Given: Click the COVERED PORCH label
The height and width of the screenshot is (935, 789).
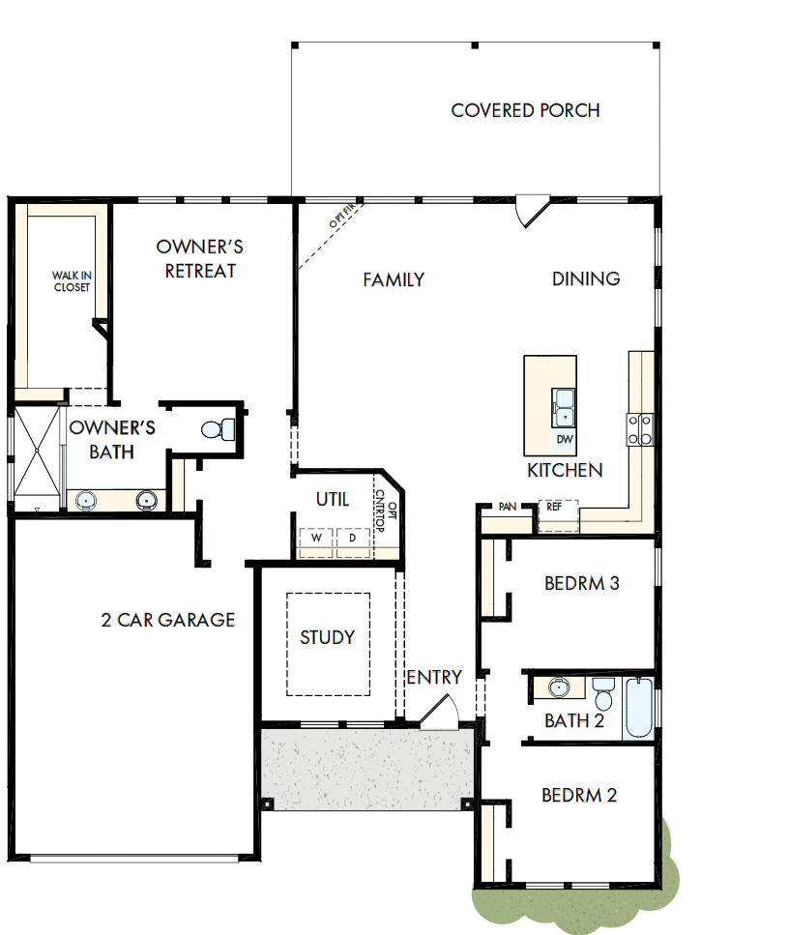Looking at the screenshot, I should pyautogui.click(x=525, y=110).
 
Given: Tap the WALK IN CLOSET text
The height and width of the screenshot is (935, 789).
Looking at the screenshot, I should pyautogui.click(x=72, y=281).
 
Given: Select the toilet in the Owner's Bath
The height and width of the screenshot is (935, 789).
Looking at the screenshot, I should pyautogui.click(x=218, y=428).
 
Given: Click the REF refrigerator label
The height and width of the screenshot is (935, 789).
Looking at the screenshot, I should pyautogui.click(x=554, y=506).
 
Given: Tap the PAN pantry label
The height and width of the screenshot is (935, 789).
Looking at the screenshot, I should pyautogui.click(x=508, y=506).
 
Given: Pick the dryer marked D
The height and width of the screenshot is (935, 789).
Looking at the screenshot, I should pyautogui.click(x=352, y=538).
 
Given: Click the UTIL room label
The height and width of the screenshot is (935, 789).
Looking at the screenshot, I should pyautogui.click(x=332, y=500).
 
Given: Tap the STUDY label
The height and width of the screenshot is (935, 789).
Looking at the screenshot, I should pyautogui.click(x=327, y=637).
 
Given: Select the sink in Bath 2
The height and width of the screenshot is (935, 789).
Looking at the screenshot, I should pyautogui.click(x=558, y=688).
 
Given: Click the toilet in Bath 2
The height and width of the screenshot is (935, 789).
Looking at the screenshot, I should pyautogui.click(x=604, y=693).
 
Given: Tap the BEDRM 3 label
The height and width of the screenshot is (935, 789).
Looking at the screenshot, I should pyautogui.click(x=581, y=583).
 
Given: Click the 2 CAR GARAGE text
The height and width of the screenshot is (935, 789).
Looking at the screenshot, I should pyautogui.click(x=168, y=620).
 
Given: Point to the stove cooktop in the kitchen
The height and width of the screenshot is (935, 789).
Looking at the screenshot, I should pyautogui.click(x=640, y=428).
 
